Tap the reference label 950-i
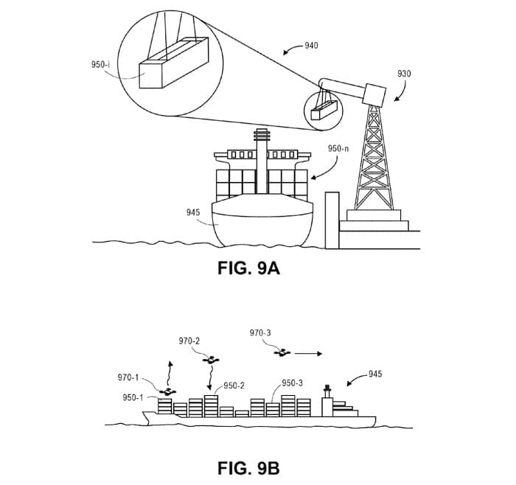point(101,64)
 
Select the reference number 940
point(311,46)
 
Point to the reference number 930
point(404,74)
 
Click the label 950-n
point(338,148)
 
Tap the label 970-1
point(128,378)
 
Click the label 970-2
point(190,341)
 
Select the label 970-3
point(261,333)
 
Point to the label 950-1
point(133,397)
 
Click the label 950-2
point(234,385)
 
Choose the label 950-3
point(293,383)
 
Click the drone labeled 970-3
point(280,354)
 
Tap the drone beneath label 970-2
point(212,360)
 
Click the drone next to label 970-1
point(168,392)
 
